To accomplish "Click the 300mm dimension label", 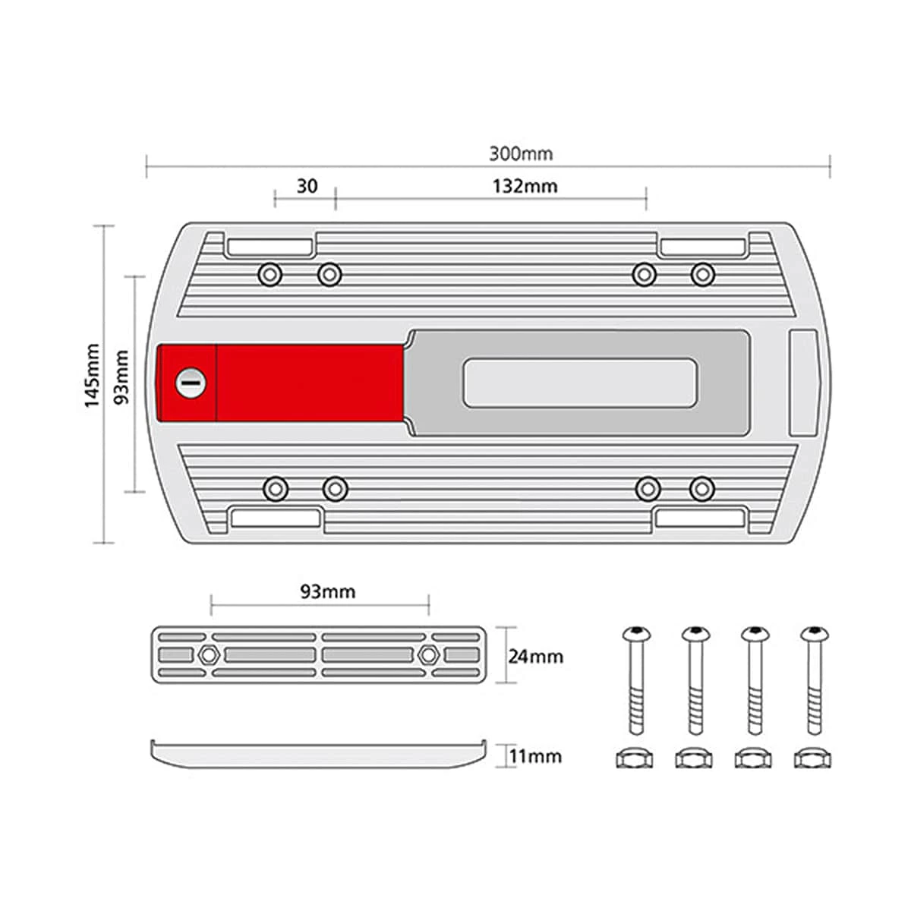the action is pos(521,154).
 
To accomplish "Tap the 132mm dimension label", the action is pos(525,186).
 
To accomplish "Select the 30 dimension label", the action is pos(307,186).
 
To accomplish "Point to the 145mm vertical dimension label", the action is pos(92,375).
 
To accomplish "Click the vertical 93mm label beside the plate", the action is pos(122,377).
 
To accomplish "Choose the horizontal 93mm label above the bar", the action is pos(328,592).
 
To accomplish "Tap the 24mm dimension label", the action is pos(536,657).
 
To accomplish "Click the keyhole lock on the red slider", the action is pos(191,383).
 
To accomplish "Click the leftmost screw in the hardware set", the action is pos(636,680).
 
